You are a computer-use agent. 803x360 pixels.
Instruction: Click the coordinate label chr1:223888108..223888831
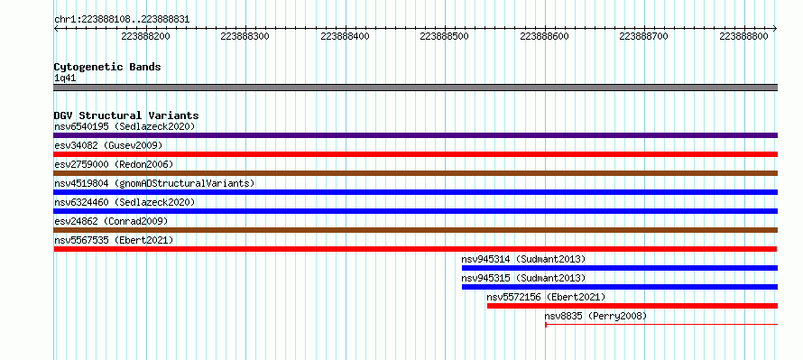(122, 20)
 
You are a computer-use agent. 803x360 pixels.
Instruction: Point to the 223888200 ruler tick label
(145, 36)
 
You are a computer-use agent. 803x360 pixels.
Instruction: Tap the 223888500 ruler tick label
(445, 36)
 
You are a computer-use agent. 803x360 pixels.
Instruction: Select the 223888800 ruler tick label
(743, 36)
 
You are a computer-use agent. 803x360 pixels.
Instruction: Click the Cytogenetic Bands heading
(107, 67)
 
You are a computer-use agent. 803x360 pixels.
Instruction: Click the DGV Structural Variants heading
(126, 115)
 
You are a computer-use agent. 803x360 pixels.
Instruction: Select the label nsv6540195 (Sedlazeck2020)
(125, 126)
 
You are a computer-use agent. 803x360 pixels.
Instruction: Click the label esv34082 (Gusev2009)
(108, 145)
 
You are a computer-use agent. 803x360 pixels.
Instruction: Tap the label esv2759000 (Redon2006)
(114, 164)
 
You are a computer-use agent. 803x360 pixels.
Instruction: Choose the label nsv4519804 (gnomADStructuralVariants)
(154, 183)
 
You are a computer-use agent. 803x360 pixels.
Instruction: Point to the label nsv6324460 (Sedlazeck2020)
(125, 202)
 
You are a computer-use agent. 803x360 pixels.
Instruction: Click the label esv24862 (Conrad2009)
(111, 221)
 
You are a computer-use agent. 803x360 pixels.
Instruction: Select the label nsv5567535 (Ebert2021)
(114, 240)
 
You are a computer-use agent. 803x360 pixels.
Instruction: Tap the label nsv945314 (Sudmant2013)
(523, 259)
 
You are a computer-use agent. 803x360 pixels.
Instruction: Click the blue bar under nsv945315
(620, 287)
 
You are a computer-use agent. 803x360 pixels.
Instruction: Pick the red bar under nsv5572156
(632, 306)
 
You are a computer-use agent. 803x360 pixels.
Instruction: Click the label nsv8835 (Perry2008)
(595, 316)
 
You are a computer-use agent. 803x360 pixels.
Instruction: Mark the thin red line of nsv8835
(661, 324)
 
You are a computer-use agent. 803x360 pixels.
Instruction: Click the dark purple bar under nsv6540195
(415, 135)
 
